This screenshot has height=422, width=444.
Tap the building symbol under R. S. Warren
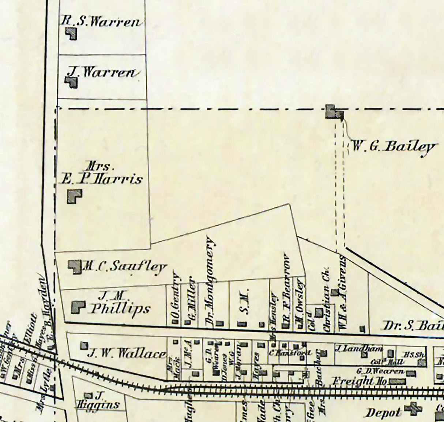71,34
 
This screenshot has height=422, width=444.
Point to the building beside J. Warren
72,82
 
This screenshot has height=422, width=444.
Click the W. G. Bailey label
394,147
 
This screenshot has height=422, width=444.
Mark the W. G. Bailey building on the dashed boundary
334,112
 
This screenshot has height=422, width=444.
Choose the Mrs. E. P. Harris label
101,174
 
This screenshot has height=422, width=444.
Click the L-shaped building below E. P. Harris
74,196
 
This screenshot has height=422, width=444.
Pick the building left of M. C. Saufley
75,266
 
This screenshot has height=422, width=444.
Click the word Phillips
120,309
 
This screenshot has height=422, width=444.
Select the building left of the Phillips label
78,307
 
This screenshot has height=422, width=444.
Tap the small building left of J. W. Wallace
84,345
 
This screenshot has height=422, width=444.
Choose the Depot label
383,413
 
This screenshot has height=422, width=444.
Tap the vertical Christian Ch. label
327,299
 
